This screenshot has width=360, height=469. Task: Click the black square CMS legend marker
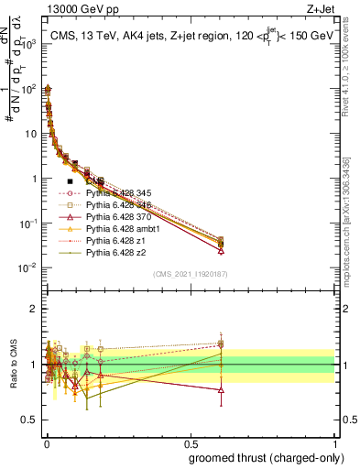(70, 181)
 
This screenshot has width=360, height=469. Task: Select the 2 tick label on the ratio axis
(33, 309)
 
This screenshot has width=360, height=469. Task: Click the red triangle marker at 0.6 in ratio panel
(221, 390)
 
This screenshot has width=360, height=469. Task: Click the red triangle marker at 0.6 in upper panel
(221, 250)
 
